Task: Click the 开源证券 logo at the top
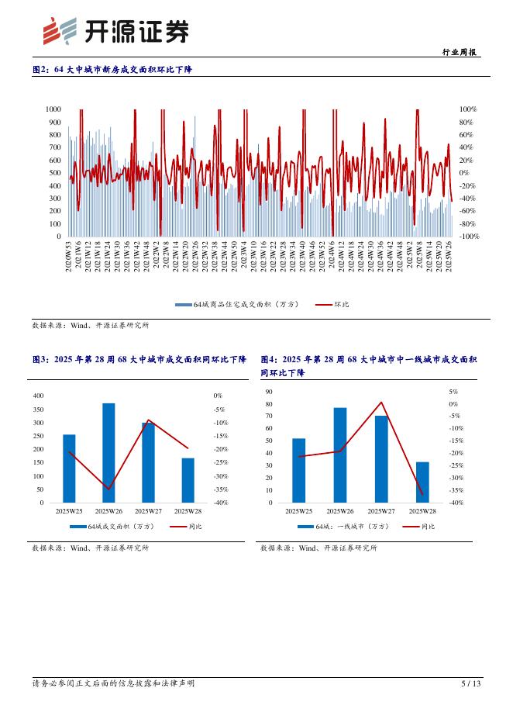click(115, 31)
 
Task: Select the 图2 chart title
click(112, 70)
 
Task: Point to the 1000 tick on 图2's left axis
click(53, 110)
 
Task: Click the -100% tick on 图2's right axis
click(468, 236)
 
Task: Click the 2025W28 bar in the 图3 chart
click(188, 480)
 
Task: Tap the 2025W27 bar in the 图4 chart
click(381, 459)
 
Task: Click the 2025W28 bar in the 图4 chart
click(422, 482)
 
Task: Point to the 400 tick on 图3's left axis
click(39, 396)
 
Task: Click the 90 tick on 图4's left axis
click(270, 392)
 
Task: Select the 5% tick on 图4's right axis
click(453, 392)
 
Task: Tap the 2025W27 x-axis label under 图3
click(148, 511)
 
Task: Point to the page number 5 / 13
click(470, 683)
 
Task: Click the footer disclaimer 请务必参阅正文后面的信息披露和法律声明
click(113, 683)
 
